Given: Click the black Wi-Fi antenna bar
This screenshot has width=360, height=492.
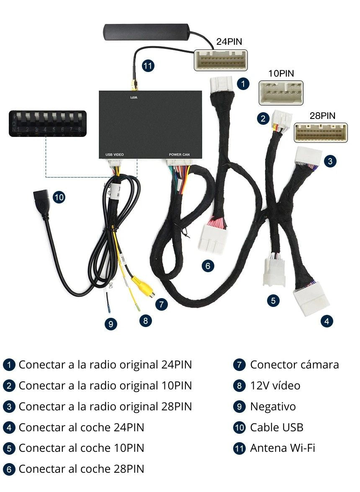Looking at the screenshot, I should click(147, 31).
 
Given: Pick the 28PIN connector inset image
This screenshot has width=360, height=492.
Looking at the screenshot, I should click(321, 132).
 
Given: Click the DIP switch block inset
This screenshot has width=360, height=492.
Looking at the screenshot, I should click(48, 123).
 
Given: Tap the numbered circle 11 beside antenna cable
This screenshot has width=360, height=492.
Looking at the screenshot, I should click(148, 66).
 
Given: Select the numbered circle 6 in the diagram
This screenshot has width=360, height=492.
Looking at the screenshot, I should click(208, 265).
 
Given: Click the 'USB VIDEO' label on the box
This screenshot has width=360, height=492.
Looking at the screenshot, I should click(114, 155).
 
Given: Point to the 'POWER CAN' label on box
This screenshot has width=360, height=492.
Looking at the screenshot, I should click(179, 155).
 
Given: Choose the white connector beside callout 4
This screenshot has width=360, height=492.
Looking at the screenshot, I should click(311, 298).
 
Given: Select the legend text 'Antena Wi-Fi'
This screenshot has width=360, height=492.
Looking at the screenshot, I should click(282, 448).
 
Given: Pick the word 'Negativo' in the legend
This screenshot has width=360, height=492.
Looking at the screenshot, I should click(273, 407).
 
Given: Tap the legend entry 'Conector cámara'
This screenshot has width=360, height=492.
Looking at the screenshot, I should click(294, 365).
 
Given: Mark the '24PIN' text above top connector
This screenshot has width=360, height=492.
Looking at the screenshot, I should click(229, 42).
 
